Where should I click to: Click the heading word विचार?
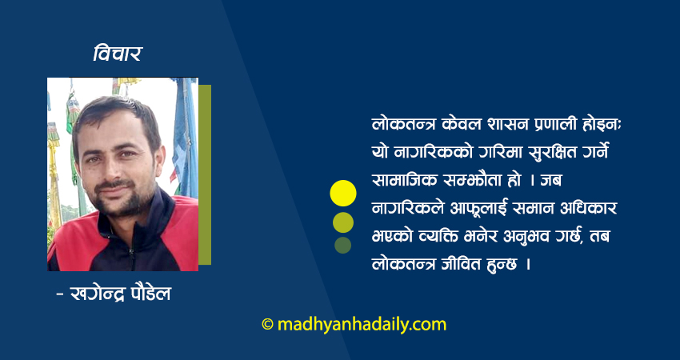pos(118,54)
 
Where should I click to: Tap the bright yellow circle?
pos(343,193)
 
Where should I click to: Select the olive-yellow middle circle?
pos(343,222)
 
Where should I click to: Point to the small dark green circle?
pos(343,245)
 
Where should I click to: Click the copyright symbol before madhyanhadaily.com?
pos(267,325)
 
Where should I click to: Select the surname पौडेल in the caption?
pos(150,294)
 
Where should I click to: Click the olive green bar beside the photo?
pos(205,174)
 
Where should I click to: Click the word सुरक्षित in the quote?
pos(535,152)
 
